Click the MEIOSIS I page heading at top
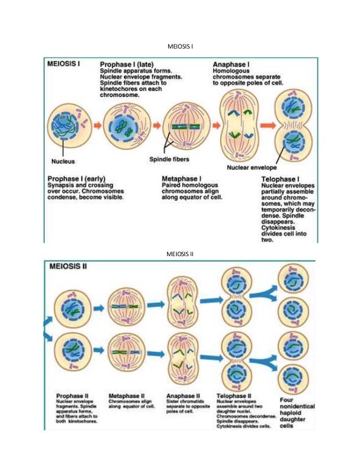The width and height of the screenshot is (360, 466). (x=180, y=45)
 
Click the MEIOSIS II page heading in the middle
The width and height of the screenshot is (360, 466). (x=180, y=253)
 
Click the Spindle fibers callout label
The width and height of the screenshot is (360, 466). (x=168, y=159)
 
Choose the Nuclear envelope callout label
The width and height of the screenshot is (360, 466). (x=251, y=168)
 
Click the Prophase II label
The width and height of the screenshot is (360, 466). (x=73, y=394)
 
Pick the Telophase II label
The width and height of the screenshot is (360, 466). (x=235, y=394)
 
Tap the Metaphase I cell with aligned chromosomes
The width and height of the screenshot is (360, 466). (x=183, y=126)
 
